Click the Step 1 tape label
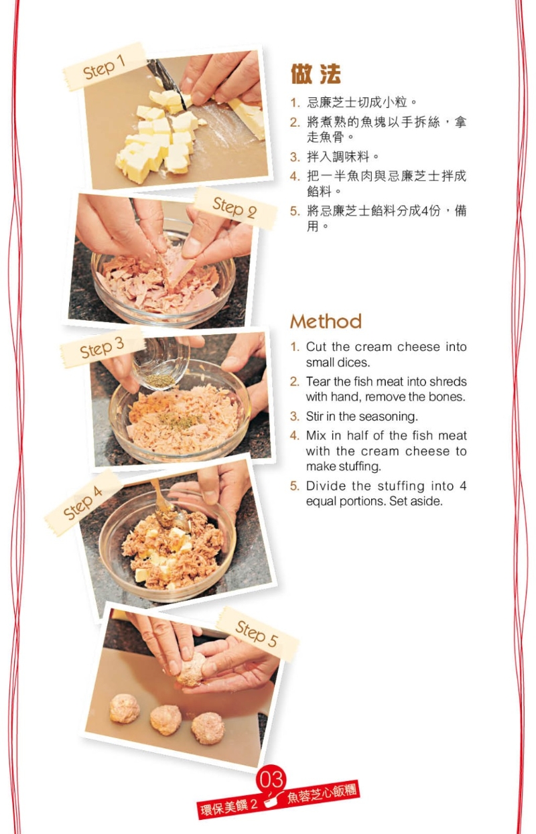(x=105, y=67)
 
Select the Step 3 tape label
(x=102, y=348)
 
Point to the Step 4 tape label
(x=84, y=502)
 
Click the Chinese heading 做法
(x=316, y=74)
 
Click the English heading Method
(x=326, y=322)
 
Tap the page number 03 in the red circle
(x=271, y=780)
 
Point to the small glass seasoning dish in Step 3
(x=160, y=365)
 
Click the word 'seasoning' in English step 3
(x=389, y=417)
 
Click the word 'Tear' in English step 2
(x=318, y=382)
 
